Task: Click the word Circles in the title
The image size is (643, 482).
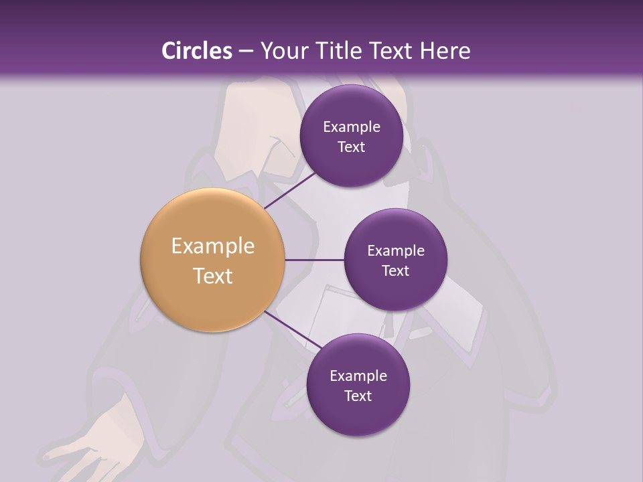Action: [x=196, y=51]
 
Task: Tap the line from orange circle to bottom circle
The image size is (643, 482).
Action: [x=295, y=330]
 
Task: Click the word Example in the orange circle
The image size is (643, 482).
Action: [x=213, y=246]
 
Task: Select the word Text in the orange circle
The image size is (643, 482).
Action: [x=213, y=276]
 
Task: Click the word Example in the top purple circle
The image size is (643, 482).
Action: [x=352, y=127]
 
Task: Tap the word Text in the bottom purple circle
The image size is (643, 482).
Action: [x=358, y=396]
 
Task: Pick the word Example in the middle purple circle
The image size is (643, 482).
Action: [x=396, y=251]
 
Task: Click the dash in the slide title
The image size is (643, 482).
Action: [x=246, y=52]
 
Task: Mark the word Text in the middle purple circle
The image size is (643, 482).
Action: [x=395, y=271]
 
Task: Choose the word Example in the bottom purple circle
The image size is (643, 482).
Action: [x=358, y=376]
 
